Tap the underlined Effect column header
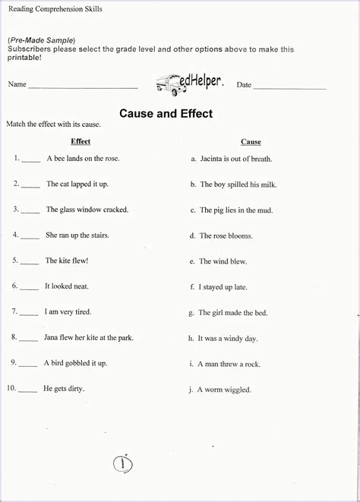click(x=81, y=141)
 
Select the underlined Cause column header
click(x=251, y=142)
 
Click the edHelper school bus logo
click(x=189, y=81)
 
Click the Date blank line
click(x=289, y=87)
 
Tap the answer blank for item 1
click(x=30, y=160)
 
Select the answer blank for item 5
click(x=30, y=262)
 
